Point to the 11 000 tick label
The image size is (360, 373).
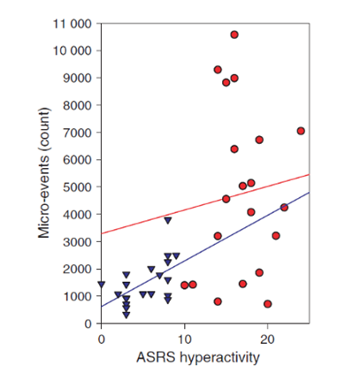[x=71, y=23]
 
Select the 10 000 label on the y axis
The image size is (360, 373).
[x=71, y=50]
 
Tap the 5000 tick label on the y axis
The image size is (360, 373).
[x=75, y=187]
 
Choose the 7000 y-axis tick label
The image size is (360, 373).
[x=75, y=133]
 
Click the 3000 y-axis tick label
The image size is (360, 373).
[x=75, y=241]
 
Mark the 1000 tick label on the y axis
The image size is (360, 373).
[x=75, y=296]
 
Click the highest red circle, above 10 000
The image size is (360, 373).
[x=234, y=34]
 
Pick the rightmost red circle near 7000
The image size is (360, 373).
[x=301, y=131]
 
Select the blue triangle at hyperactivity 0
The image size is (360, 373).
[x=102, y=285]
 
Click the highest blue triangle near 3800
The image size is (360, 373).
[x=168, y=219]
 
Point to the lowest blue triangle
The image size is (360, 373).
[x=126, y=314]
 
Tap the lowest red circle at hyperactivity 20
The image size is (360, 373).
[x=267, y=304]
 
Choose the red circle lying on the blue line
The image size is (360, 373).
[x=284, y=208]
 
